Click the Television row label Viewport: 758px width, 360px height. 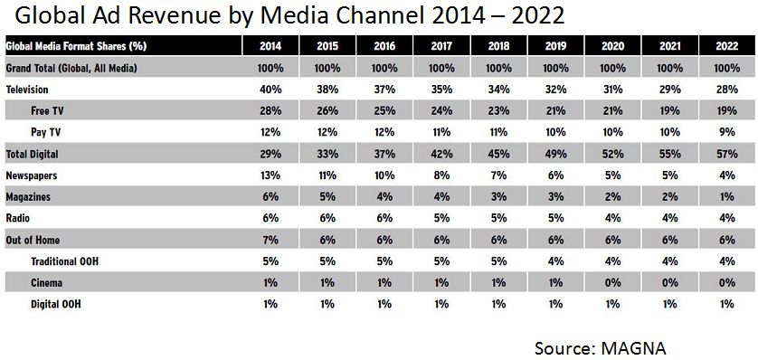[x=27, y=90]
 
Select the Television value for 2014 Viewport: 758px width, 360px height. [x=270, y=90]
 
